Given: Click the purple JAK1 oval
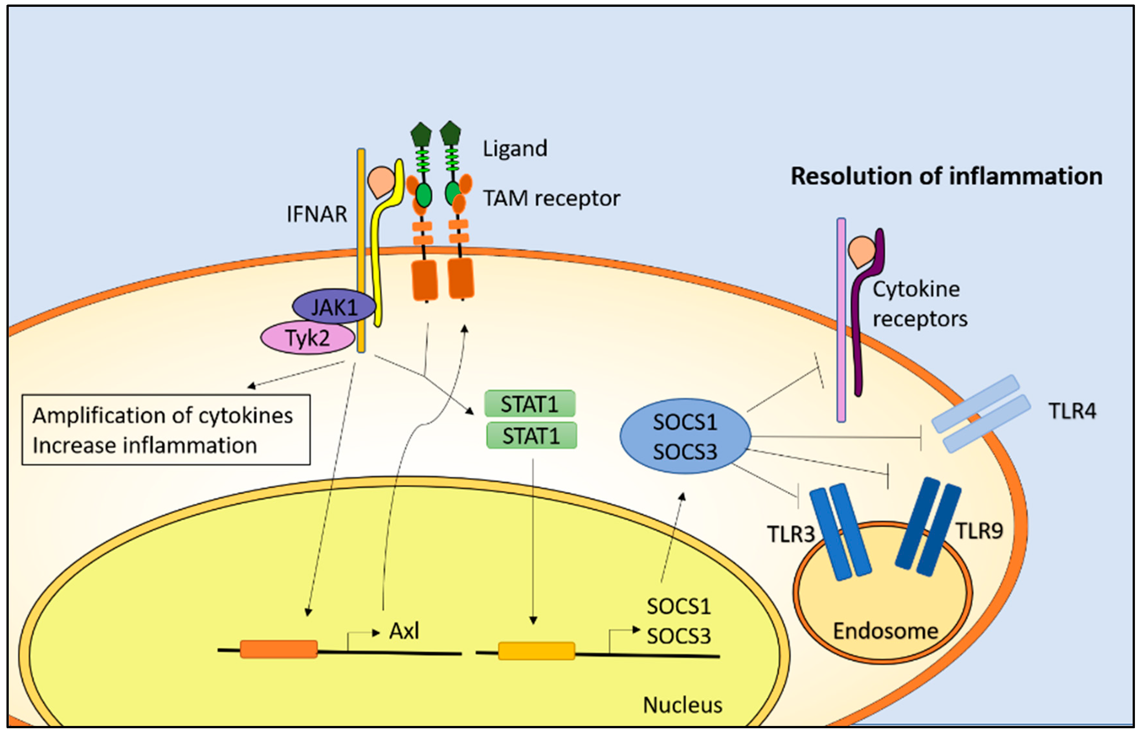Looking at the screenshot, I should [x=333, y=306].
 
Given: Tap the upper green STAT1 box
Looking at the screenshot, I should [x=529, y=404].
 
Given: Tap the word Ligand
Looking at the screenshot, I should [x=515, y=149].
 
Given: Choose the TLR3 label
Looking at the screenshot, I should [x=791, y=534].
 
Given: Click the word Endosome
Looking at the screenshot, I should [x=885, y=631].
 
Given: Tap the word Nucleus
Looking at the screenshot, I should [x=682, y=705].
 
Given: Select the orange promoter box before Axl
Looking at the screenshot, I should [x=278, y=649].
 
